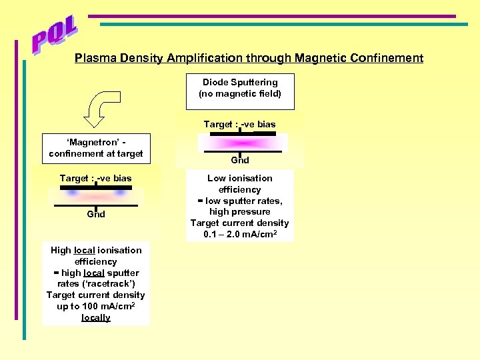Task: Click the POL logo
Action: (x=55, y=37)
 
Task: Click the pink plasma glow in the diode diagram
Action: (x=239, y=143)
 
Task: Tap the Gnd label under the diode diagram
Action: (x=240, y=160)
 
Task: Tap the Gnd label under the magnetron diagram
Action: (x=96, y=214)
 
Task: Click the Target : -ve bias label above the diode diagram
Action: (x=239, y=124)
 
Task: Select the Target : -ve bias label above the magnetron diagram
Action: (x=95, y=178)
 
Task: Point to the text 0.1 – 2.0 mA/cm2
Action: (x=239, y=234)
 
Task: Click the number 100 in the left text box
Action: (x=89, y=306)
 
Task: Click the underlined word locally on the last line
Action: (x=96, y=317)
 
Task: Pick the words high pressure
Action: (x=239, y=211)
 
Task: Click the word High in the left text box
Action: (x=61, y=250)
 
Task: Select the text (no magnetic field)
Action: (x=240, y=93)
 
